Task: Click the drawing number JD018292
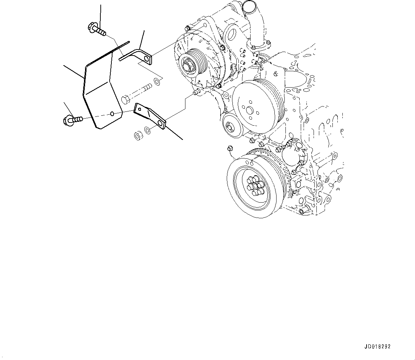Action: click(x=379, y=346)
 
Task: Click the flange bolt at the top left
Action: click(x=96, y=30)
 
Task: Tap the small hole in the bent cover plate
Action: click(x=112, y=114)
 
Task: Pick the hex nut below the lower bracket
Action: click(x=137, y=135)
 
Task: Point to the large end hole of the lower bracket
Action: click(x=161, y=123)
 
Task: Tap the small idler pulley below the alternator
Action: click(x=230, y=126)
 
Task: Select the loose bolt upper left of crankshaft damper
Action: click(x=230, y=148)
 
